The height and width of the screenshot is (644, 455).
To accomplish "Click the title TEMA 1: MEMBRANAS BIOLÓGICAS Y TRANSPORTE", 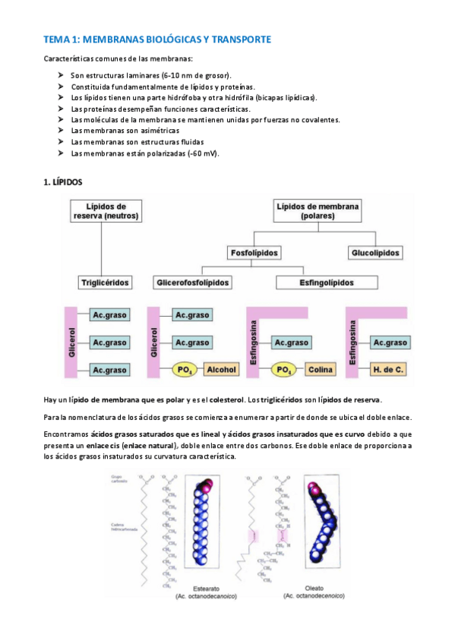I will [x=156, y=39].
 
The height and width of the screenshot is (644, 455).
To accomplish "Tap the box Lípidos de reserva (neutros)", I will [x=106, y=211].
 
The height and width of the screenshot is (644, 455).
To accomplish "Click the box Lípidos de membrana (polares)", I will [x=318, y=211].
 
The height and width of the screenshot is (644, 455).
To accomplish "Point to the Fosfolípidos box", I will [x=254, y=252].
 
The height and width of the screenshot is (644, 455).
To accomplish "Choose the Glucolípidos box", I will [x=376, y=252].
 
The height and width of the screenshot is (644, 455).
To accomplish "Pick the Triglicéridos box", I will [x=106, y=283].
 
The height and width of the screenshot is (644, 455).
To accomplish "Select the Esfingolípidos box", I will [x=325, y=283].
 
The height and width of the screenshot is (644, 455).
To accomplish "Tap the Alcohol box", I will [x=222, y=370].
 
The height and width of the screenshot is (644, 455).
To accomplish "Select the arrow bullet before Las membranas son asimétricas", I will [x=61, y=130].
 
